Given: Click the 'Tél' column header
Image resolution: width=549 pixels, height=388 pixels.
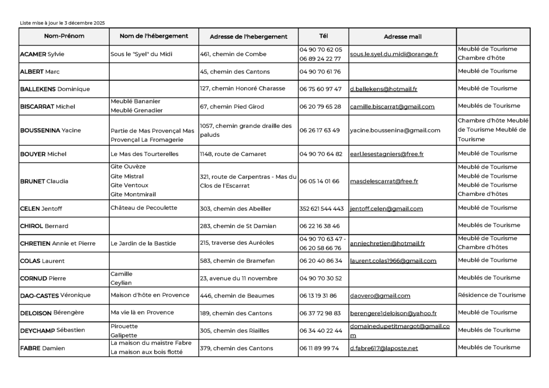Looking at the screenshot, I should [x=324, y=36].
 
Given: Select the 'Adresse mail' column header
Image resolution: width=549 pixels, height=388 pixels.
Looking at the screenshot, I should [x=402, y=37].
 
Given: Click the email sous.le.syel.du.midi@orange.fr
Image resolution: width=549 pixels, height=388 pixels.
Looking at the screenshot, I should [x=394, y=54].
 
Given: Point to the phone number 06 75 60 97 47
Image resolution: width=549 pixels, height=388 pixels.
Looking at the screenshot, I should [x=320, y=89].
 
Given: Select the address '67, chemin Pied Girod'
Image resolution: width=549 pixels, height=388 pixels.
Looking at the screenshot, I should [x=232, y=106].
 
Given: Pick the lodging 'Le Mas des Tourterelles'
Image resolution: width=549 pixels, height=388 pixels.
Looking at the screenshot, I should [x=144, y=154].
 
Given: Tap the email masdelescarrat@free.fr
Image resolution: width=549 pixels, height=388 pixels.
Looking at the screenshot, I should [x=384, y=181].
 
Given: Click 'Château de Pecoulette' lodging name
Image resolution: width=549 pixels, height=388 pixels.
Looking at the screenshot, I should [x=144, y=208].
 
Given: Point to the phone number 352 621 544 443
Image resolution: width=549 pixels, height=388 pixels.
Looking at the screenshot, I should [x=321, y=209].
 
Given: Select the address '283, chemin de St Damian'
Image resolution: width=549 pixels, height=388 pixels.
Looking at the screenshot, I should [x=238, y=226].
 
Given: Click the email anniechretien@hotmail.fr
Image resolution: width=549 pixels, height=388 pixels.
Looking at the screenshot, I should [x=387, y=243].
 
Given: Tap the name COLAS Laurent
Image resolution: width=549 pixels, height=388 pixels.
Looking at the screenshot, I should [x=42, y=261].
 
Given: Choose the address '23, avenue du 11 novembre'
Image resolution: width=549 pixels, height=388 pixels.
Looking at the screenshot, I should [x=239, y=278].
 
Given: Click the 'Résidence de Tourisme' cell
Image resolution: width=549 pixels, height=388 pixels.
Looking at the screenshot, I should [x=491, y=295].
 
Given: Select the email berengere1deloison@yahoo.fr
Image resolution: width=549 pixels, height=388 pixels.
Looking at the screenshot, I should [x=393, y=313].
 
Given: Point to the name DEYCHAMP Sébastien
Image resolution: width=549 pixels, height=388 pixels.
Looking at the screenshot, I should [x=52, y=331].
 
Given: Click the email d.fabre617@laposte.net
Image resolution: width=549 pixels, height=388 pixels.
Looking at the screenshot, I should [x=384, y=348].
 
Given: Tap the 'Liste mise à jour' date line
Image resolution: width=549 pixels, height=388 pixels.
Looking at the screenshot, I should [x=62, y=23].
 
